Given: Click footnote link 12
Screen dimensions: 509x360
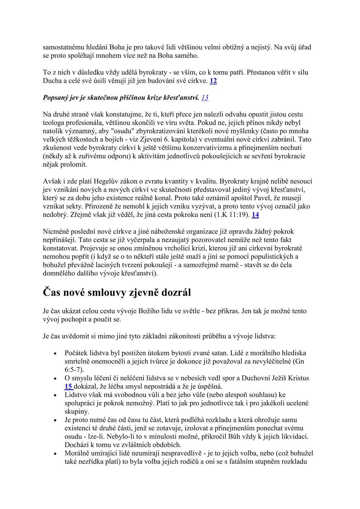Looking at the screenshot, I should click(213, 81).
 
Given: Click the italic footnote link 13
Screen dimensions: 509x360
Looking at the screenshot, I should click(205, 97).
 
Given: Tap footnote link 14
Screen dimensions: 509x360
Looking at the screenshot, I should click(255, 215).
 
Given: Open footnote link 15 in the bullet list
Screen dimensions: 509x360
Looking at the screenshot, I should click(68, 386).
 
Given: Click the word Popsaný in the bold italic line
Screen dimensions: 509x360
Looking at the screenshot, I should click(56, 97).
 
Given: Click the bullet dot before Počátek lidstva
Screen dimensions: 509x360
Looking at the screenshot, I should click(55, 353).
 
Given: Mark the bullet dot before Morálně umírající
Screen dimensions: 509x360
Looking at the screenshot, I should click(55, 454).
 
